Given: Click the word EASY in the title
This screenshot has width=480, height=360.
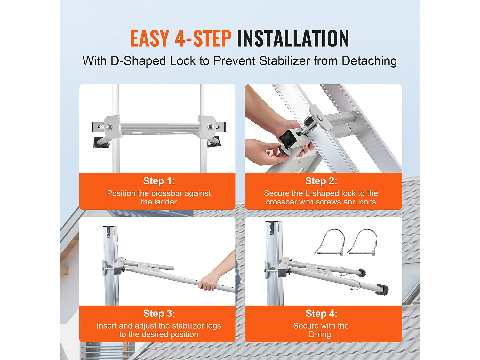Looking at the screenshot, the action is click(x=149, y=38).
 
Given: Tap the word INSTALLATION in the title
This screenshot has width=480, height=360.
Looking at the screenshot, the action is click(x=293, y=38).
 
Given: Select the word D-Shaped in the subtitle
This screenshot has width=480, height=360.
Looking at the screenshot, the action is click(x=138, y=61).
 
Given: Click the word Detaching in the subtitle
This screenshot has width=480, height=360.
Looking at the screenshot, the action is click(x=369, y=61).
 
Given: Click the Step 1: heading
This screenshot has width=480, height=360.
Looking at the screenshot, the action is click(x=159, y=181).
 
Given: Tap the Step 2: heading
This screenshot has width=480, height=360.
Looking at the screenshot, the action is click(x=321, y=181).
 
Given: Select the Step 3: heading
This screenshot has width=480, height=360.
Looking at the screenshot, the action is click(x=159, y=314).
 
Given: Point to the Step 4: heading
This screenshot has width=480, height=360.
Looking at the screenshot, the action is click(x=321, y=314).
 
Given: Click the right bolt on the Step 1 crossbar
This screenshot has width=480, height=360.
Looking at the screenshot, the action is click(x=210, y=126).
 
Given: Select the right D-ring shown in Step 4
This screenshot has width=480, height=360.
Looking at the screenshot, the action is click(x=363, y=242).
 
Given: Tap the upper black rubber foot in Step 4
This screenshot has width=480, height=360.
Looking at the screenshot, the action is click(x=361, y=273).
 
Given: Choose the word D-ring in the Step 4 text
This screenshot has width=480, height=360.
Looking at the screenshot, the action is click(x=321, y=334).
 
